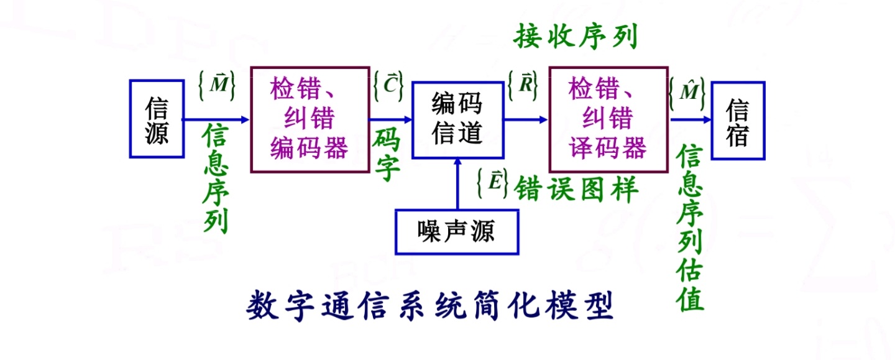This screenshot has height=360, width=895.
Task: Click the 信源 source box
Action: pyautogui.click(x=157, y=119)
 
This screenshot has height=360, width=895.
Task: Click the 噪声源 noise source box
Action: pyautogui.click(x=457, y=232)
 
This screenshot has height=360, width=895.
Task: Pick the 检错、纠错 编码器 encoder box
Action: pyautogui.click(x=309, y=119)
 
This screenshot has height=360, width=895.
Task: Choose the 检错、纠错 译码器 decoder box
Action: pyautogui.click(x=608, y=119)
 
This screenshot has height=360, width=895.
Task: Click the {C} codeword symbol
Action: pyautogui.click(x=389, y=85)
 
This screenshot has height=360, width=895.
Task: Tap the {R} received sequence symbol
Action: pyautogui.click(x=523, y=85)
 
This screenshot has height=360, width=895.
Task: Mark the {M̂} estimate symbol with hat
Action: pyautogui.click(x=687, y=93)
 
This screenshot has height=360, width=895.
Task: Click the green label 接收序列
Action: pyautogui.click(x=576, y=38)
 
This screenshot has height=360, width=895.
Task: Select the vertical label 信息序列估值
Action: pyautogui.click(x=691, y=228)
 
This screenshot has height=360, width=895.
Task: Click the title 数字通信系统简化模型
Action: pyautogui.click(x=430, y=306)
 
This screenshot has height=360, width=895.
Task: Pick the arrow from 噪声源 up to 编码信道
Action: pyautogui.click(x=457, y=183)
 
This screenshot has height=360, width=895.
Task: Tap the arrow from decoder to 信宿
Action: pyautogui.click(x=691, y=120)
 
